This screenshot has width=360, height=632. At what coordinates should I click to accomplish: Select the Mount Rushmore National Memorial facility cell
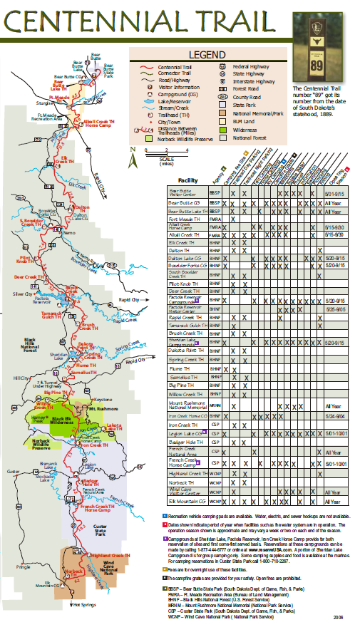[187, 405]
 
